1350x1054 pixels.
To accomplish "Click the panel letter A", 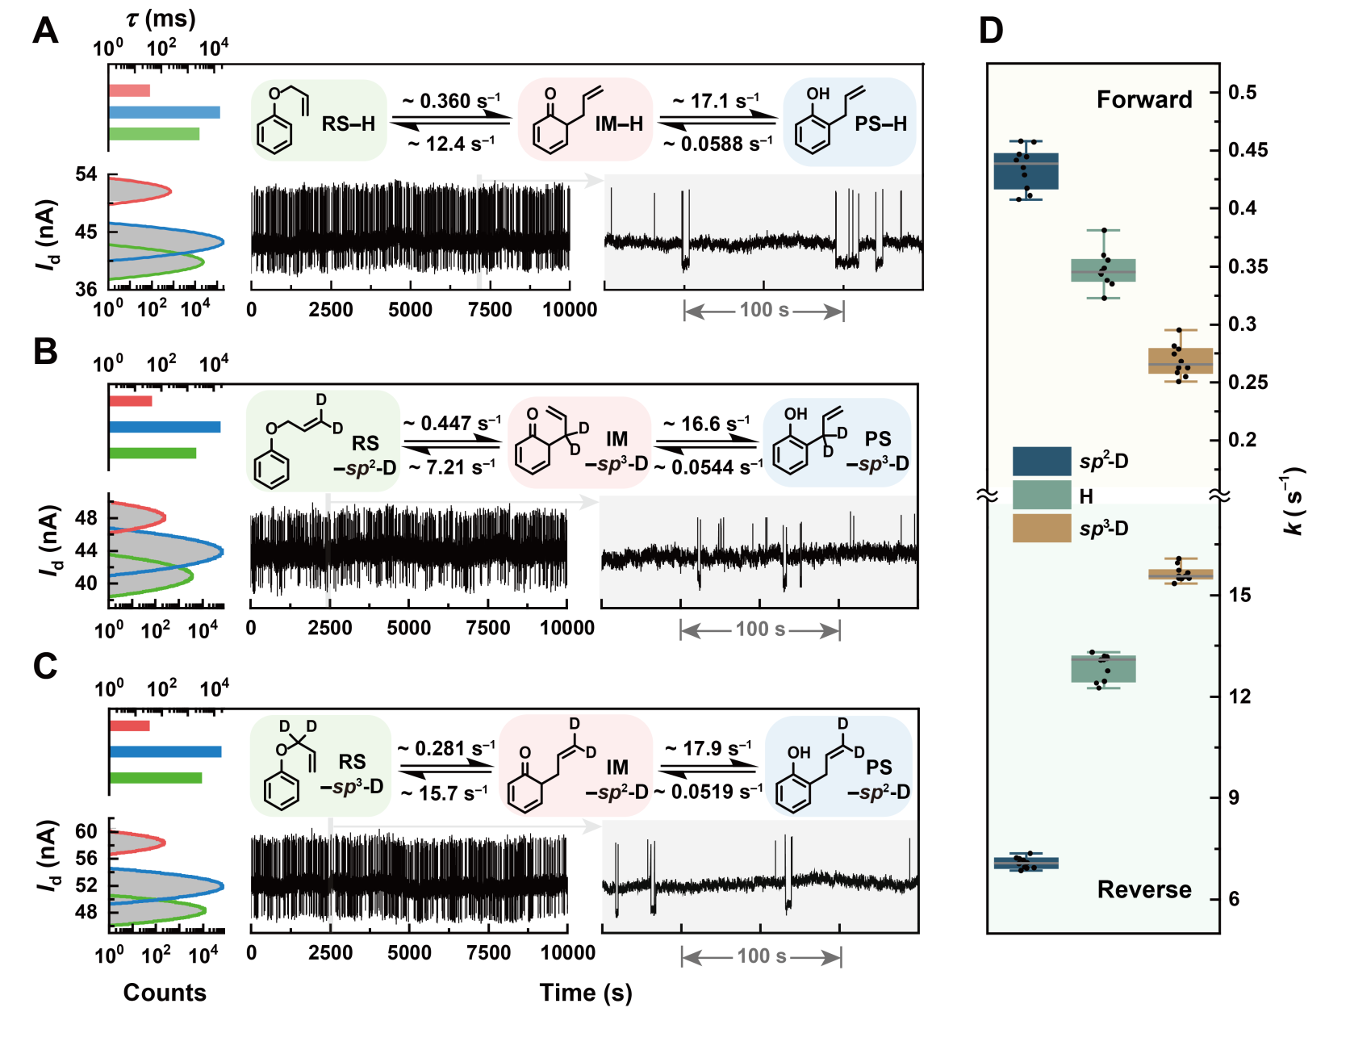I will point(46,31).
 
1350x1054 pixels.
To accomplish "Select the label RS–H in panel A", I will point(348,123).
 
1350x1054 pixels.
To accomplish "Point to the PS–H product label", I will point(880,123).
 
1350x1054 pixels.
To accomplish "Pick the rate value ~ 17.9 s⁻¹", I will point(708,749).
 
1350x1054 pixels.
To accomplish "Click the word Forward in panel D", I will point(1143,99).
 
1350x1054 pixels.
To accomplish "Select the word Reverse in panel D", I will point(1143,889).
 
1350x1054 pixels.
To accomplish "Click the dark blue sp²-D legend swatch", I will point(1041,461).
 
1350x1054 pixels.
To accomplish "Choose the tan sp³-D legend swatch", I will point(1041,528).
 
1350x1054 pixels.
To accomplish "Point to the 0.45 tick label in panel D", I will point(1248,150).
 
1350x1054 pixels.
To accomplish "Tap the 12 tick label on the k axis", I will point(1239,696).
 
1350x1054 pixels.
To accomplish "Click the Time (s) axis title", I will point(585,993).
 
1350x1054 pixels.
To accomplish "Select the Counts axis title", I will point(165,993).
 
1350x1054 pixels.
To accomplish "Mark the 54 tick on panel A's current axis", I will point(86,174).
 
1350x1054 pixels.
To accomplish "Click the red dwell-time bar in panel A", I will point(129,90).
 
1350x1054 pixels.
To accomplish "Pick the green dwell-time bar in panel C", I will point(155,778).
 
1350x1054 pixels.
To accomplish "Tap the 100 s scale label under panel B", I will point(760,629).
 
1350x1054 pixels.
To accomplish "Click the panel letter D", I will point(991,31).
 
